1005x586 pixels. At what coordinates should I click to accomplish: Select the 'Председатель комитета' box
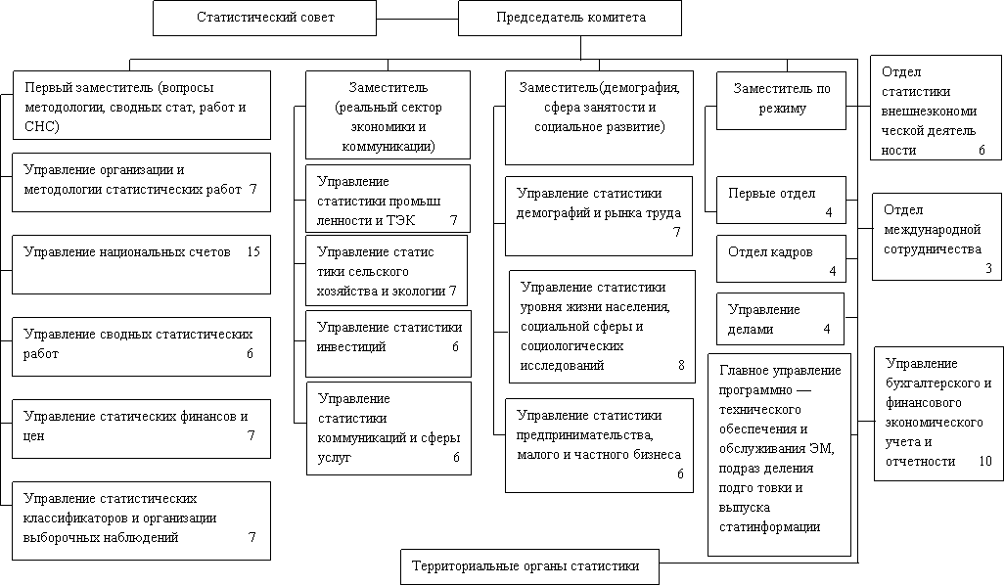click(570, 18)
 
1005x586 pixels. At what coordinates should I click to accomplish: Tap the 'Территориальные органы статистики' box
click(529, 566)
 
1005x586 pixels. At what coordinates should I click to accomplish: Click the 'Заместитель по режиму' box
click(781, 99)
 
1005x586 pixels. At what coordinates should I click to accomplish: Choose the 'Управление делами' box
click(780, 319)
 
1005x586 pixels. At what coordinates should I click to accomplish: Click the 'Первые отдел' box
click(780, 201)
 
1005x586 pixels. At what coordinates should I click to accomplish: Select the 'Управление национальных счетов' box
click(141, 264)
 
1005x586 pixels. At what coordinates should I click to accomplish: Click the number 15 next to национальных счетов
click(253, 252)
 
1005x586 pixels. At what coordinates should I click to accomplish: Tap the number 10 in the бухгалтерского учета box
click(983, 462)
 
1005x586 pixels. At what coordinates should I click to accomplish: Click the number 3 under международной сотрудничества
click(987, 268)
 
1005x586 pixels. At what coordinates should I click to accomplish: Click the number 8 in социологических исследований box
click(681, 366)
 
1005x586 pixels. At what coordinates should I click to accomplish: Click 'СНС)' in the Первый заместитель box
click(42, 127)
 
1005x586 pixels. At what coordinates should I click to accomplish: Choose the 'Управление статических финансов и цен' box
click(141, 427)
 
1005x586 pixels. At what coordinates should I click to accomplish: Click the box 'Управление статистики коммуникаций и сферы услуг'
click(388, 428)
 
